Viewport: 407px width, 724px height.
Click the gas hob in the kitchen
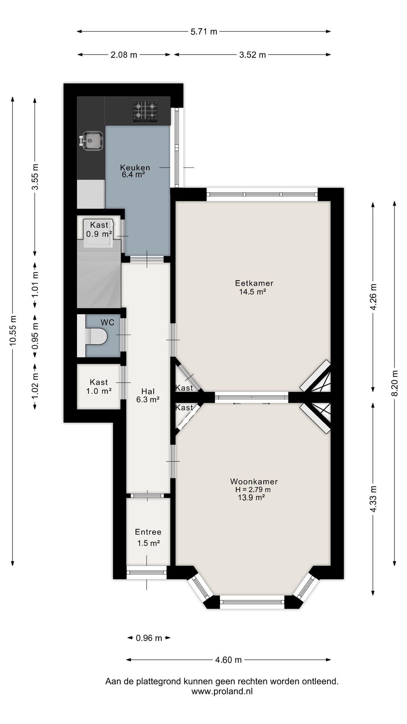[x=145, y=111]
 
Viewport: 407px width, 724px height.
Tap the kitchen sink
[x=91, y=140]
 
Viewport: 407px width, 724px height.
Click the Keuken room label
[x=135, y=167]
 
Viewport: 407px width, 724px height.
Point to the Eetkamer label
[x=254, y=283]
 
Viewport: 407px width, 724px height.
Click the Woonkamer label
[x=254, y=482]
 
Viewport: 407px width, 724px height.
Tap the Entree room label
[x=148, y=532]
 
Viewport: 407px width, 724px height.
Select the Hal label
[x=148, y=391]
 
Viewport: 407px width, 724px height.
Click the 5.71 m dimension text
[x=204, y=32]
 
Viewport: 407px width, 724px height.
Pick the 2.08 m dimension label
[x=124, y=55]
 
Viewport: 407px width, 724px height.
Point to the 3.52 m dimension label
[x=252, y=55]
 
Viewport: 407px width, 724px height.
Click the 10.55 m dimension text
[x=13, y=330]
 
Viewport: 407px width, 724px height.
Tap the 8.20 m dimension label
[x=395, y=383]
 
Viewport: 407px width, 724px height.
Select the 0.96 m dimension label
[x=149, y=638]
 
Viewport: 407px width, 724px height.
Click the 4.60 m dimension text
[x=228, y=660]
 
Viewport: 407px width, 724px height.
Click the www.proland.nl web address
[x=222, y=691]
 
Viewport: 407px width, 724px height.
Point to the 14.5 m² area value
[x=253, y=291]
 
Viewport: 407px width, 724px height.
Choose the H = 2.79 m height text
[x=253, y=490]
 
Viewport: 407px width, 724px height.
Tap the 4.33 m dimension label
[x=373, y=499]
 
